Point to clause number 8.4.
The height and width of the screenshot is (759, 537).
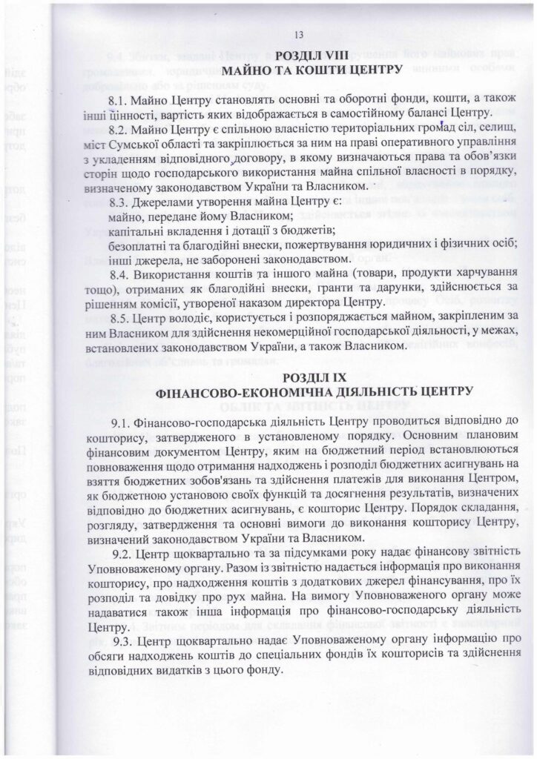click(119, 274)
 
